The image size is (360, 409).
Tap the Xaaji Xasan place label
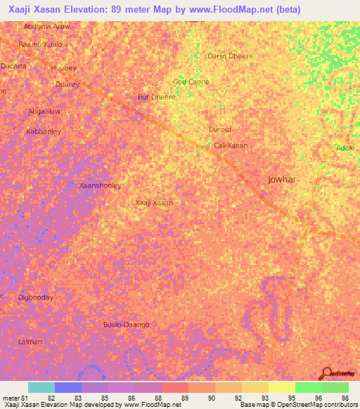154,202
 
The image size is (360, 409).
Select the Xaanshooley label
101,186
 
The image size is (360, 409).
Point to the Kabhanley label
44,131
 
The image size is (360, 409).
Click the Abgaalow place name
44,111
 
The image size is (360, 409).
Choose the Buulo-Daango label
127,324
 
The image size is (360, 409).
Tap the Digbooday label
35,297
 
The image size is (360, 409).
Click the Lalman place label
30,342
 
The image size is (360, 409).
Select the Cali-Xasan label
231,145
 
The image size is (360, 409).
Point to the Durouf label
220,129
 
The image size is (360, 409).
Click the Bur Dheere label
156,97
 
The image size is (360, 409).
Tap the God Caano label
191,82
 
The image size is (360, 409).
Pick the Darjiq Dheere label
230,56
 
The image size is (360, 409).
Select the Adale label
345,148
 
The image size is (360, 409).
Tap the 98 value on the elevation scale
344,398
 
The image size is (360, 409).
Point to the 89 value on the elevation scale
185,398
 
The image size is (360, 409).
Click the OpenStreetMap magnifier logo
326,373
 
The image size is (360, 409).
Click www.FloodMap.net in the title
239,10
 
